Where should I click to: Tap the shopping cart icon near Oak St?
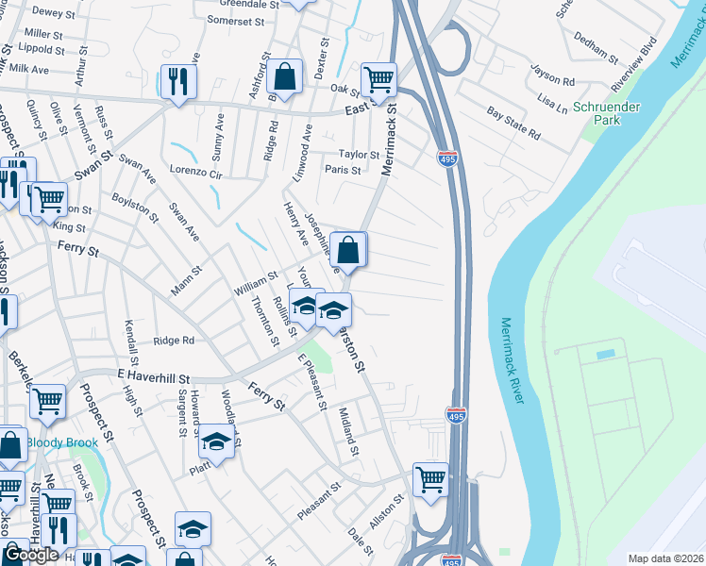(x=378, y=80)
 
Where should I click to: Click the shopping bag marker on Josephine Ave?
(x=348, y=250)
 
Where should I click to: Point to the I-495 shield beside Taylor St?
(x=448, y=159)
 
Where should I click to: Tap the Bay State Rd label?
(x=513, y=124)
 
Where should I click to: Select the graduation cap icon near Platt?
(x=216, y=441)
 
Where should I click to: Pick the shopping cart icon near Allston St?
(x=430, y=478)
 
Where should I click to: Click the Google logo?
(x=31, y=555)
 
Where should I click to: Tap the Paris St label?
(x=343, y=171)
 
